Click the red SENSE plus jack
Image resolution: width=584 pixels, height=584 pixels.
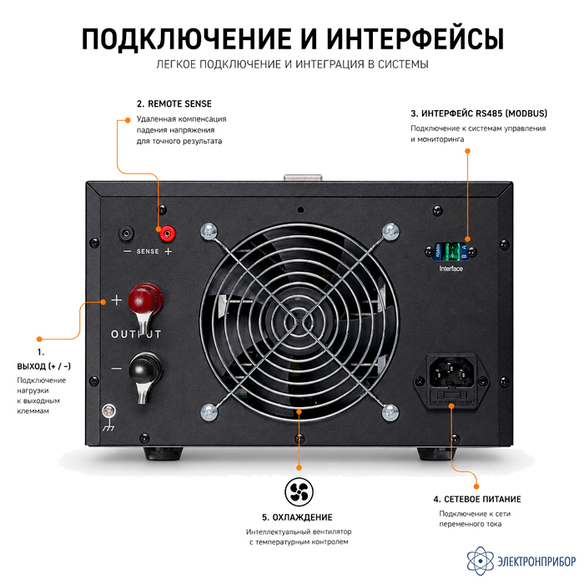(x=167, y=234)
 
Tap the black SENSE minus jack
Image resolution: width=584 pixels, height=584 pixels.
(x=126, y=234)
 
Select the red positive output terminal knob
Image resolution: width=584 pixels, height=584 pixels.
(x=145, y=298)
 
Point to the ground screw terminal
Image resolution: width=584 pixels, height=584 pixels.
(x=108, y=411)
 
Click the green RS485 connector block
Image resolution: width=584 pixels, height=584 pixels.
(x=451, y=251)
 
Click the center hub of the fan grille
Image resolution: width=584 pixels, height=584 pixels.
(x=299, y=322)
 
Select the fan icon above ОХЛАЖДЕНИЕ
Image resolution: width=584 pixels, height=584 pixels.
(x=299, y=491)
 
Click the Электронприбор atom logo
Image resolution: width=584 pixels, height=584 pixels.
(x=480, y=561)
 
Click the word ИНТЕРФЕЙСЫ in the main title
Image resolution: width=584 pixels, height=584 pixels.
(x=415, y=38)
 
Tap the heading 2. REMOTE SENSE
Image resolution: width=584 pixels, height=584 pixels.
(x=174, y=104)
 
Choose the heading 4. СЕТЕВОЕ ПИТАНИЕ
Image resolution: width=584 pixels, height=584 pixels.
(x=477, y=499)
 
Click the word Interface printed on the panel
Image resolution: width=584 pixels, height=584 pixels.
(x=451, y=269)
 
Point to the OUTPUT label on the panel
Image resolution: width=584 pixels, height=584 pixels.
(x=136, y=334)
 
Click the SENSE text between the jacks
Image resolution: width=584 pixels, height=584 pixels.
(x=148, y=251)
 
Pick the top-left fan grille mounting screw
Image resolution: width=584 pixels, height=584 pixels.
(x=209, y=231)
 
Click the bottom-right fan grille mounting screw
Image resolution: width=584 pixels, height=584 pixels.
(x=390, y=412)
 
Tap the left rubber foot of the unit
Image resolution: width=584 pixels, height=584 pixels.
(x=164, y=453)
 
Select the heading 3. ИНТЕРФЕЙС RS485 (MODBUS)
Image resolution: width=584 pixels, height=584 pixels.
(x=479, y=113)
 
